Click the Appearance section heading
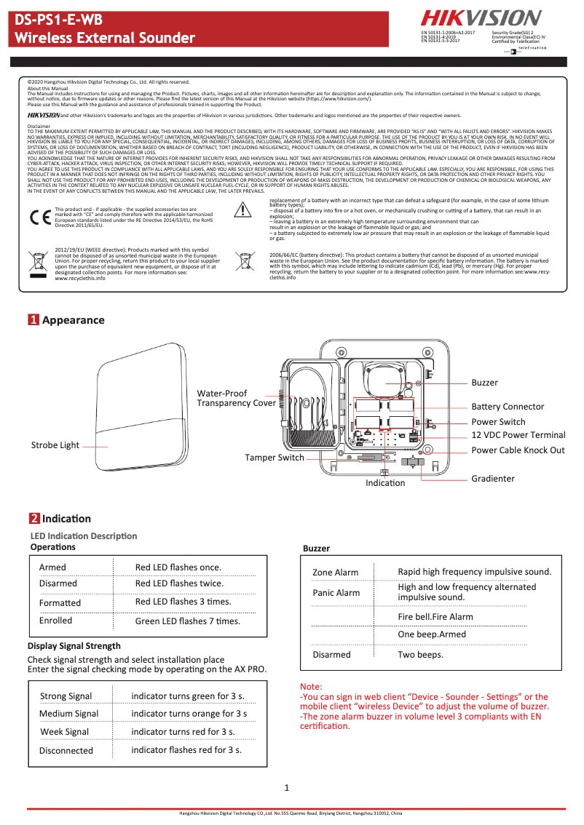[x=73, y=320]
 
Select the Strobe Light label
[x=55, y=445]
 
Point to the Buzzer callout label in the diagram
[x=484, y=383]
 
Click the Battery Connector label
[x=507, y=407]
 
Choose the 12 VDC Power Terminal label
[x=518, y=435]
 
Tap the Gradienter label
[x=492, y=479]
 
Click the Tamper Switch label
[x=274, y=458]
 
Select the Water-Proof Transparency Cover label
[x=236, y=398]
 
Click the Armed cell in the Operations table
[x=52, y=567]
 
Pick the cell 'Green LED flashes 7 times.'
[x=187, y=621]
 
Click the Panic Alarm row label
[x=336, y=593]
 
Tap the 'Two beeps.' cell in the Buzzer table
[x=420, y=655]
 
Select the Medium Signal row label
[x=68, y=714]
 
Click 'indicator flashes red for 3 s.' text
[x=186, y=749]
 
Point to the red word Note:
[x=311, y=687]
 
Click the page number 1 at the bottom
[x=287, y=788]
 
